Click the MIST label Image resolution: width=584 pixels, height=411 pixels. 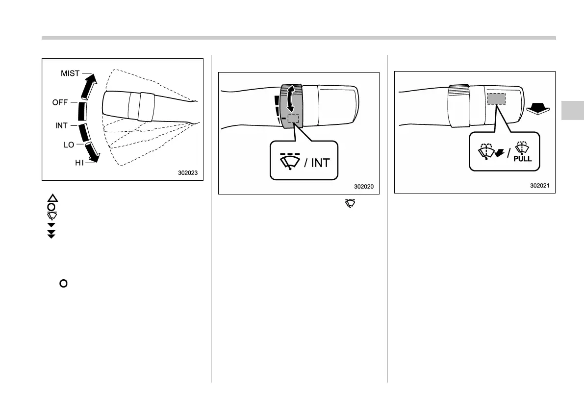click(x=70, y=73)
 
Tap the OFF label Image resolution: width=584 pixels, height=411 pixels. click(x=60, y=102)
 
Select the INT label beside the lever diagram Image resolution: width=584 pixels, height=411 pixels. click(x=61, y=126)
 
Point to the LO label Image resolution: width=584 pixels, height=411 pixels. click(x=68, y=145)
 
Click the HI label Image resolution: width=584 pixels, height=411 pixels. click(x=79, y=163)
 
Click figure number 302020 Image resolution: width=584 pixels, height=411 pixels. click(x=364, y=186)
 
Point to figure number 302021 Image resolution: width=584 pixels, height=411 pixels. click(x=540, y=185)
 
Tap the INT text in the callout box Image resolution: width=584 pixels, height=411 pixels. click(x=320, y=162)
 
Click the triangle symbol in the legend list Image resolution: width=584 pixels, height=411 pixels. click(x=52, y=198)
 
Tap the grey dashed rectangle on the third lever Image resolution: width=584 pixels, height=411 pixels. click(x=496, y=98)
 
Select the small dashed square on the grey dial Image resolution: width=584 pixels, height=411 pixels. click(x=293, y=119)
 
